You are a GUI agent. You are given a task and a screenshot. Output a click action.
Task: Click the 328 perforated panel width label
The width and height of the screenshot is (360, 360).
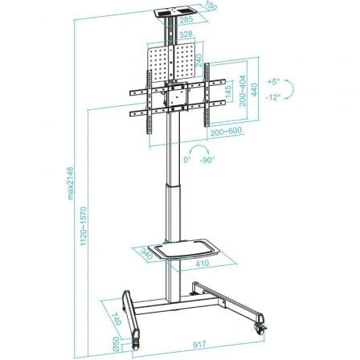tap(185, 35)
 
